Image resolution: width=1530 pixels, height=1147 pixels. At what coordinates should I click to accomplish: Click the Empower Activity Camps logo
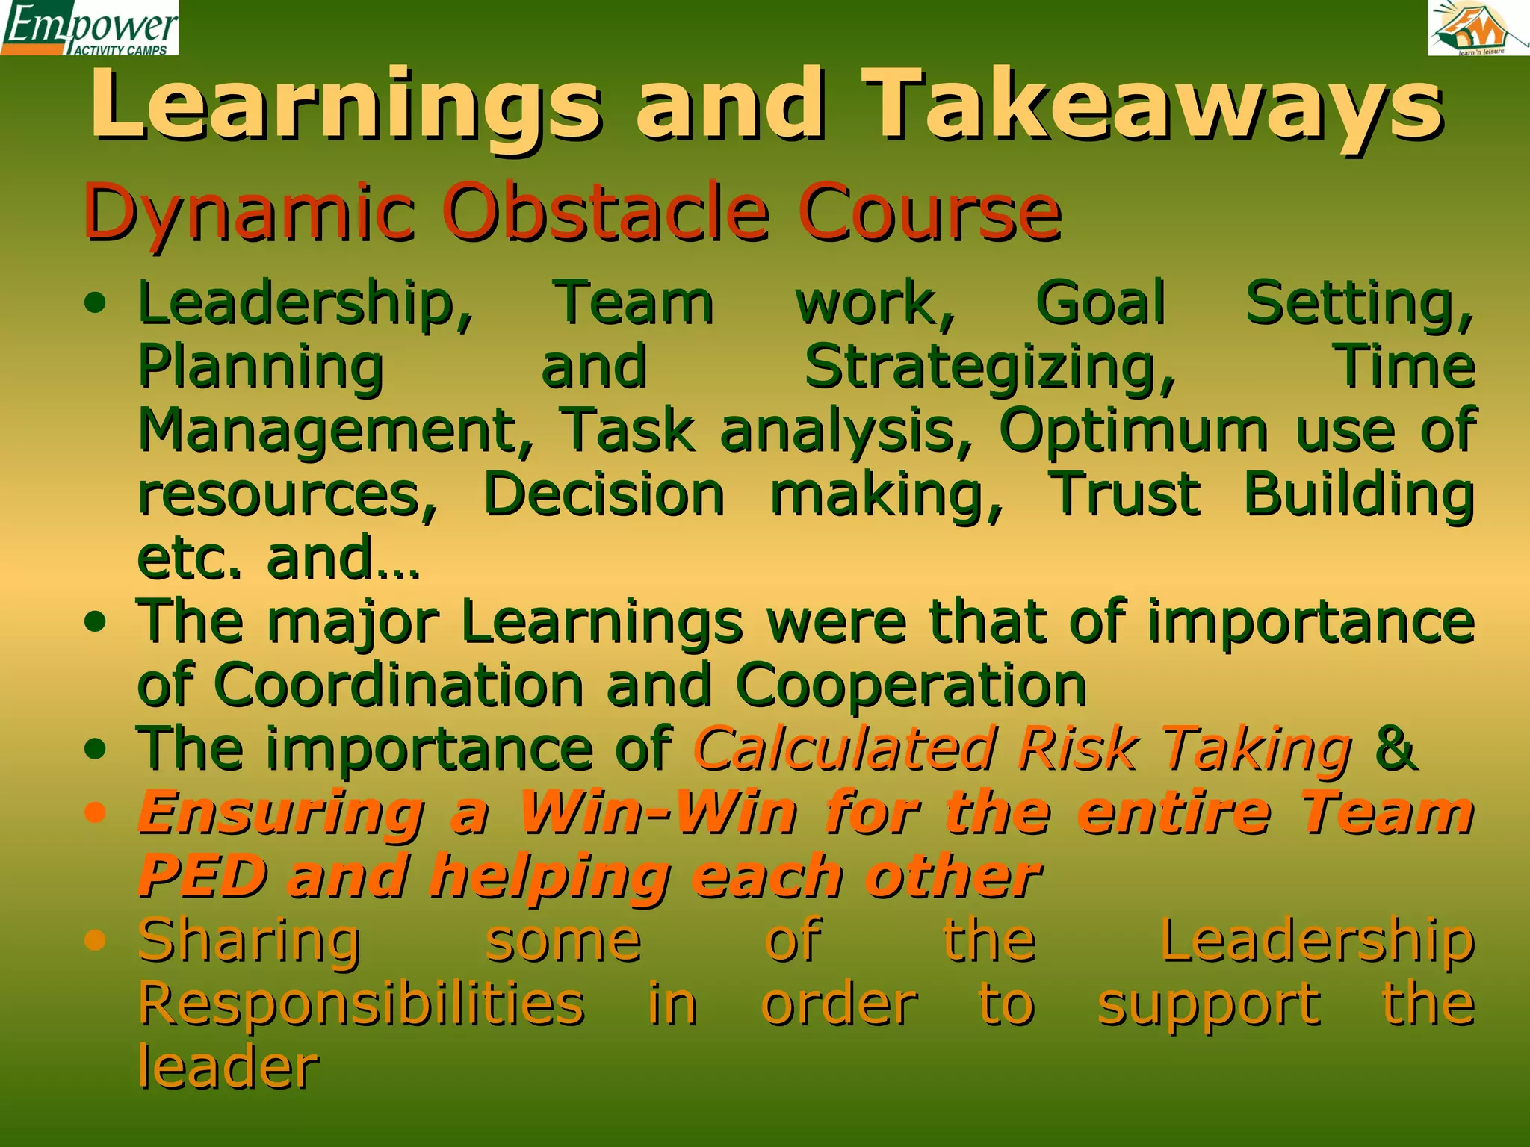pyautogui.click(x=90, y=28)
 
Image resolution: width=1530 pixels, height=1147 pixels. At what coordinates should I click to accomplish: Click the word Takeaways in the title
pyautogui.click(x=1154, y=105)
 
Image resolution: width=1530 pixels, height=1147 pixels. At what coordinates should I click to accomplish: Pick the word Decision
pyautogui.click(x=604, y=494)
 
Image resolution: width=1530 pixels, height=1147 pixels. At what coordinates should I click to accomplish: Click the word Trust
pyautogui.click(x=1125, y=494)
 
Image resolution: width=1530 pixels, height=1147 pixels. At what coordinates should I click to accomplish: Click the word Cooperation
pyautogui.click(x=911, y=685)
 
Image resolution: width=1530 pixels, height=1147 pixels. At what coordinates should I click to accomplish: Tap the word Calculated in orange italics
pyautogui.click(x=845, y=748)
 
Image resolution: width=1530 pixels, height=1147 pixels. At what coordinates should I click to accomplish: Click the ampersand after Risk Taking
pyautogui.click(x=1394, y=748)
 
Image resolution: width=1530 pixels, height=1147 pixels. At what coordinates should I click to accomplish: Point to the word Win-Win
pyautogui.click(x=657, y=812)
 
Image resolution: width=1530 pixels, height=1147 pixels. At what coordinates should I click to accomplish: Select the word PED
pyautogui.click(x=202, y=876)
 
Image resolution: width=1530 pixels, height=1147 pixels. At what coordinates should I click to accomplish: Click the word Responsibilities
pyautogui.click(x=362, y=1004)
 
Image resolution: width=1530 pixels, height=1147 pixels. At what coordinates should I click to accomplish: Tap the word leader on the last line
pyautogui.click(x=228, y=1068)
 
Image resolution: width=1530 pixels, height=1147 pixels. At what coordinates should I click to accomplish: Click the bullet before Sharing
pyautogui.click(x=95, y=941)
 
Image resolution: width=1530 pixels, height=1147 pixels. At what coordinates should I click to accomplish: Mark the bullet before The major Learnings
pyautogui.click(x=95, y=622)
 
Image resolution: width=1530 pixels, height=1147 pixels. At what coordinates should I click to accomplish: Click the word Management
pyautogui.click(x=335, y=431)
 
